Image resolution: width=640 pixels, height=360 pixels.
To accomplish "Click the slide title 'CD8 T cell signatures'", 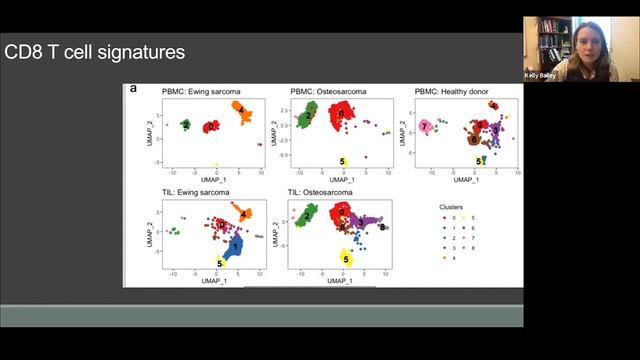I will point(95,51).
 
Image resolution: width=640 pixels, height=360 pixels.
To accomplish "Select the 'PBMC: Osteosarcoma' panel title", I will point(328,91).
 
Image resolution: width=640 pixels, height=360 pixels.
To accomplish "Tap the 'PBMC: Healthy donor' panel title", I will point(455,91).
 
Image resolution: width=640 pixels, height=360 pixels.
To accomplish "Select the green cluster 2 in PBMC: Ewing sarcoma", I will point(186,125).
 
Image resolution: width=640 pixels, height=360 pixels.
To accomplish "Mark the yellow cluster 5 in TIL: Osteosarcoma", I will point(346,259).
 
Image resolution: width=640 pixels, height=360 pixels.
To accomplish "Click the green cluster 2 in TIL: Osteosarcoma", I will point(309,215).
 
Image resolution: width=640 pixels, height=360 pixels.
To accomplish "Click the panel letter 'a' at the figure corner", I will point(133,89).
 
